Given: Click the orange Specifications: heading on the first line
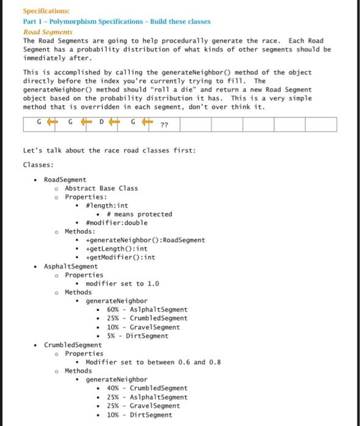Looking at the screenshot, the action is [46, 11].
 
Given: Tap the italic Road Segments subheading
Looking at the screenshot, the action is [48, 31].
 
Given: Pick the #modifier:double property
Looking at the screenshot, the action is [116, 223].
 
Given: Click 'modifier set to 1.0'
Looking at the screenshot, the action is [122, 284].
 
